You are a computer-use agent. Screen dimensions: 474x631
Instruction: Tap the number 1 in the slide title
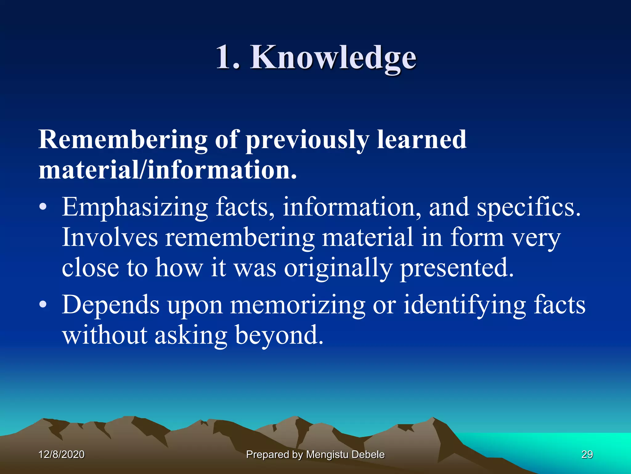click(224, 57)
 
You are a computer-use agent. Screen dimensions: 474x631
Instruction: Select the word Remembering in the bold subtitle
click(123, 139)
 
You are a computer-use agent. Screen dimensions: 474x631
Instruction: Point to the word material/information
click(168, 170)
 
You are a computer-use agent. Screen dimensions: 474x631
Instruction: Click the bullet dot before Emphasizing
click(43, 208)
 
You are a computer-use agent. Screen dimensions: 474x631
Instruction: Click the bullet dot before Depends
click(43, 305)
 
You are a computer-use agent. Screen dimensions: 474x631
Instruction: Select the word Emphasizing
click(135, 208)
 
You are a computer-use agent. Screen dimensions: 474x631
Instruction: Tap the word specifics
click(528, 208)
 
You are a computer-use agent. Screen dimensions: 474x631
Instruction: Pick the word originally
click(338, 268)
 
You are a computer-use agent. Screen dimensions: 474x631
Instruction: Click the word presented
click(457, 268)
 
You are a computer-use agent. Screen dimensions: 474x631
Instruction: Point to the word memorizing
click(298, 305)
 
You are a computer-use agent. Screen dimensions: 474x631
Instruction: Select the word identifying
click(464, 305)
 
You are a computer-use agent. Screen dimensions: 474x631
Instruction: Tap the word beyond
click(279, 335)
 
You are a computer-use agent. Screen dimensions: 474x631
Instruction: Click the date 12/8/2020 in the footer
click(61, 455)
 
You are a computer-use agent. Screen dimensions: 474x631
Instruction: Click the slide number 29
click(587, 455)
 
